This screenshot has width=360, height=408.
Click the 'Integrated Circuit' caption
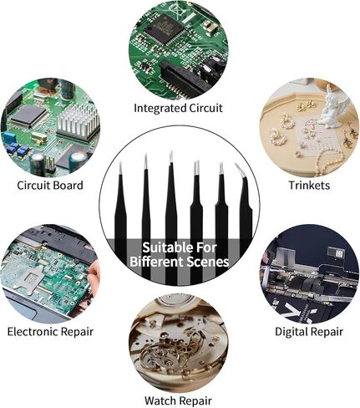coord(178,108)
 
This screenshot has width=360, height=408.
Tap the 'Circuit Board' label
coord(50,186)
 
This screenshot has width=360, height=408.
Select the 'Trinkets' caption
coord(309,186)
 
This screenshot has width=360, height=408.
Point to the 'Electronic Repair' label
coord(50,332)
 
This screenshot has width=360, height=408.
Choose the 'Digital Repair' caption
coord(309,332)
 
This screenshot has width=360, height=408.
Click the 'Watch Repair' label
coord(178,400)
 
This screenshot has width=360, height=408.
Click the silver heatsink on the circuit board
coord(79,121)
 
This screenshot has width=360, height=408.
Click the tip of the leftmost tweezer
coord(120,163)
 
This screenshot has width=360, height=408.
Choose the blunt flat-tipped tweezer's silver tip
coord(196,167)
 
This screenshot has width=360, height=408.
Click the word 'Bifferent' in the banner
coord(156,262)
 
